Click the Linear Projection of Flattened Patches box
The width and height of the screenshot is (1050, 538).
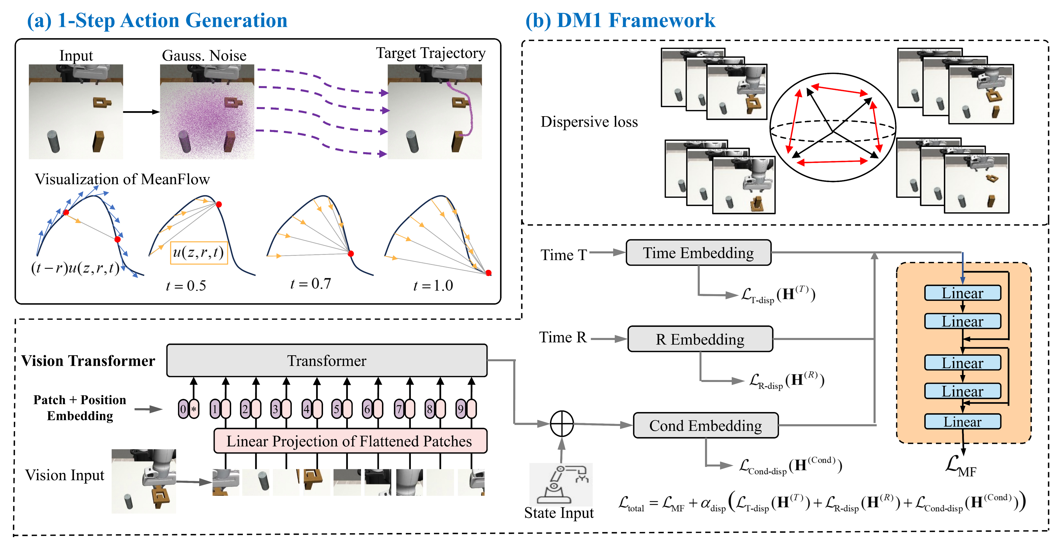pos(350,441)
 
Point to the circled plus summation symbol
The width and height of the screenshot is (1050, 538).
pos(562,423)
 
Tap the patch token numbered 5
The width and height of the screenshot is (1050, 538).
pos(341,409)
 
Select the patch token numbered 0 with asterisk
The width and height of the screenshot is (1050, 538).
pos(188,409)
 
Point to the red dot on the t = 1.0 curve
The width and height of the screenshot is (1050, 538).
pos(488,273)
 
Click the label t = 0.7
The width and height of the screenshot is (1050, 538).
pos(310,283)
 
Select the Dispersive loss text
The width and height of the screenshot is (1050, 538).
pos(589,121)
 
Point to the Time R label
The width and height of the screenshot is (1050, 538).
pos(562,337)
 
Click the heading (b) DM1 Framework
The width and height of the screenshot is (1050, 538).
pos(620,20)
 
